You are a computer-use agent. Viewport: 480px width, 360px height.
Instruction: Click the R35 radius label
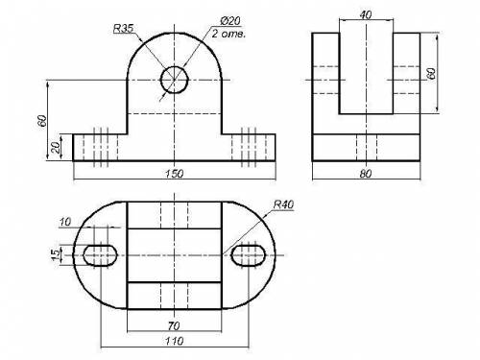click(123, 29)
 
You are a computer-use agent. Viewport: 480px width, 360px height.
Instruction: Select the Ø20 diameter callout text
click(230, 21)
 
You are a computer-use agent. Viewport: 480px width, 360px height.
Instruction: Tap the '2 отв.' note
click(228, 34)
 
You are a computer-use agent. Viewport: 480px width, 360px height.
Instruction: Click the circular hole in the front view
click(174, 80)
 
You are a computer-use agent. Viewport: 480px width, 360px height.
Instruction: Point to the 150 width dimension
click(175, 174)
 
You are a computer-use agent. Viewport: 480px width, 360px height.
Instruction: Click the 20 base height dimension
click(56, 148)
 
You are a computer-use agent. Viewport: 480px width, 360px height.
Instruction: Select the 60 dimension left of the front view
click(42, 121)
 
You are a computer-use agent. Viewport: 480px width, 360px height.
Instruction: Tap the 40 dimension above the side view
click(366, 15)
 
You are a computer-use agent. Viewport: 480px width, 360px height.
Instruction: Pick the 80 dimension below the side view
click(366, 174)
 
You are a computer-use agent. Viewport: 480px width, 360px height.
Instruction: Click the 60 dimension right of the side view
click(431, 74)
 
